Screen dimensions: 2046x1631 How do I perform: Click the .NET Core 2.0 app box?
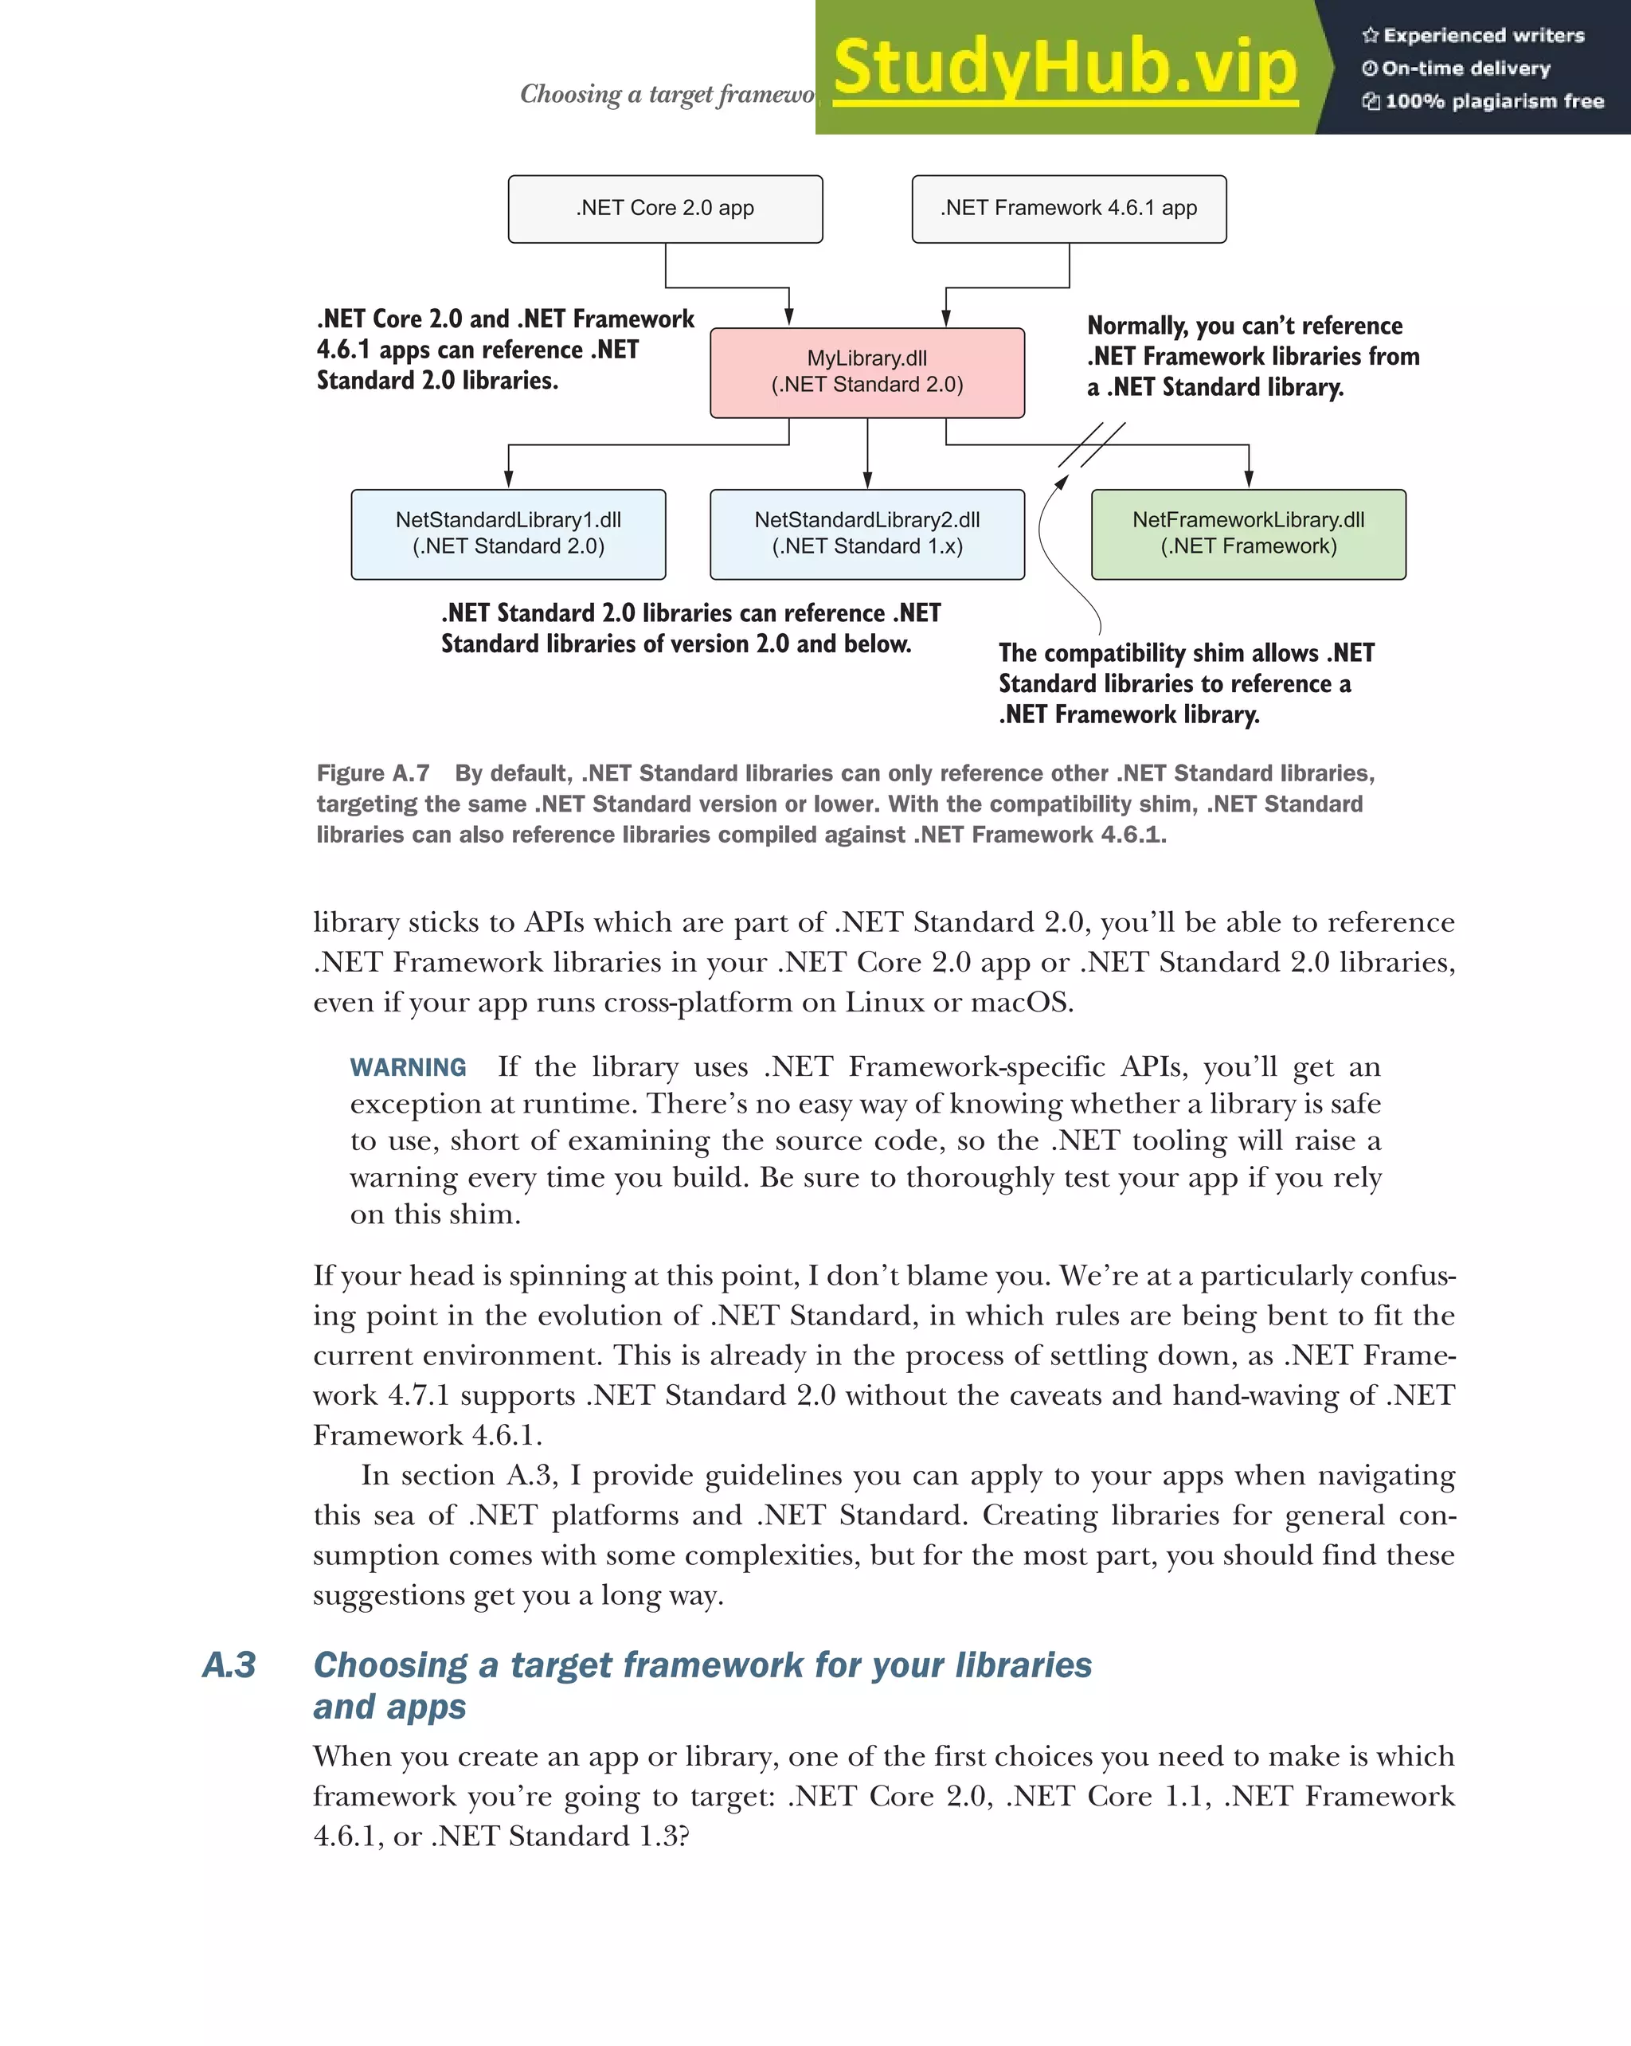tap(664, 209)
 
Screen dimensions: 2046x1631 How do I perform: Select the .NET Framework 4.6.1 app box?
tap(1069, 209)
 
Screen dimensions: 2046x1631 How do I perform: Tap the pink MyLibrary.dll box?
tap(866, 372)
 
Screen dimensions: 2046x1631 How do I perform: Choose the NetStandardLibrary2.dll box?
tap(866, 534)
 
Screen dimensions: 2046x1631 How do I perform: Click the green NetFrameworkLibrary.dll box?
tap(1248, 534)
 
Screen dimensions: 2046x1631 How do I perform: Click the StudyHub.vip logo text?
tap(1065, 68)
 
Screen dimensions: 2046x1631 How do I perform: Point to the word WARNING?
tap(408, 1068)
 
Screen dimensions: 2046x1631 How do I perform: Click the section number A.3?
tap(229, 1665)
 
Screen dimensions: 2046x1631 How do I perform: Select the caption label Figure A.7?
tap(373, 773)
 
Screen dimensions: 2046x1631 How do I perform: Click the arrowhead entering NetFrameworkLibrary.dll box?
tap(1248, 480)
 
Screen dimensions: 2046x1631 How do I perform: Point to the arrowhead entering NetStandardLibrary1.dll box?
tap(509, 480)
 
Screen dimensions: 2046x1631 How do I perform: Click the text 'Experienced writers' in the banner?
tap(1483, 36)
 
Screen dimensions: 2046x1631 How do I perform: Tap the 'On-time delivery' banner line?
tap(1466, 68)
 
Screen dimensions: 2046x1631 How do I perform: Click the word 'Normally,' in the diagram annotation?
tap(1136, 327)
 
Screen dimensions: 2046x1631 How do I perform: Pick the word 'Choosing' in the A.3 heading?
tap(390, 1665)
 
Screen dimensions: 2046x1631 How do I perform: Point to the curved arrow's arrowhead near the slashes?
tap(1062, 481)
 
